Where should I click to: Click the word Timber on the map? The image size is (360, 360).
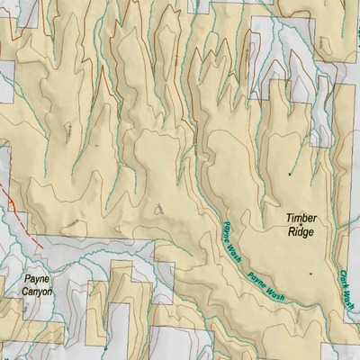[x=302, y=219]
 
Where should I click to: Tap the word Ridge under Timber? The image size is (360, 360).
[x=301, y=231]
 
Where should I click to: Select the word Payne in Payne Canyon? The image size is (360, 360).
[x=37, y=280]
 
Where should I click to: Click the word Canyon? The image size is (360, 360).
[x=37, y=292]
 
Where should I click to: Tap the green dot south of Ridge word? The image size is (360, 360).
[x=310, y=273]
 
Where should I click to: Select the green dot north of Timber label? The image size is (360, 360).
[x=290, y=173]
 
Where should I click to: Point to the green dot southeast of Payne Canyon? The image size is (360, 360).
[x=105, y=347]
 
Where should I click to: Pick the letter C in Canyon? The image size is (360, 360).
[x=24, y=292]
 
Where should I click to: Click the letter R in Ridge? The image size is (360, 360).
[x=292, y=231]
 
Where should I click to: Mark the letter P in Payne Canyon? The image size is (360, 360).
[x=27, y=280]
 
